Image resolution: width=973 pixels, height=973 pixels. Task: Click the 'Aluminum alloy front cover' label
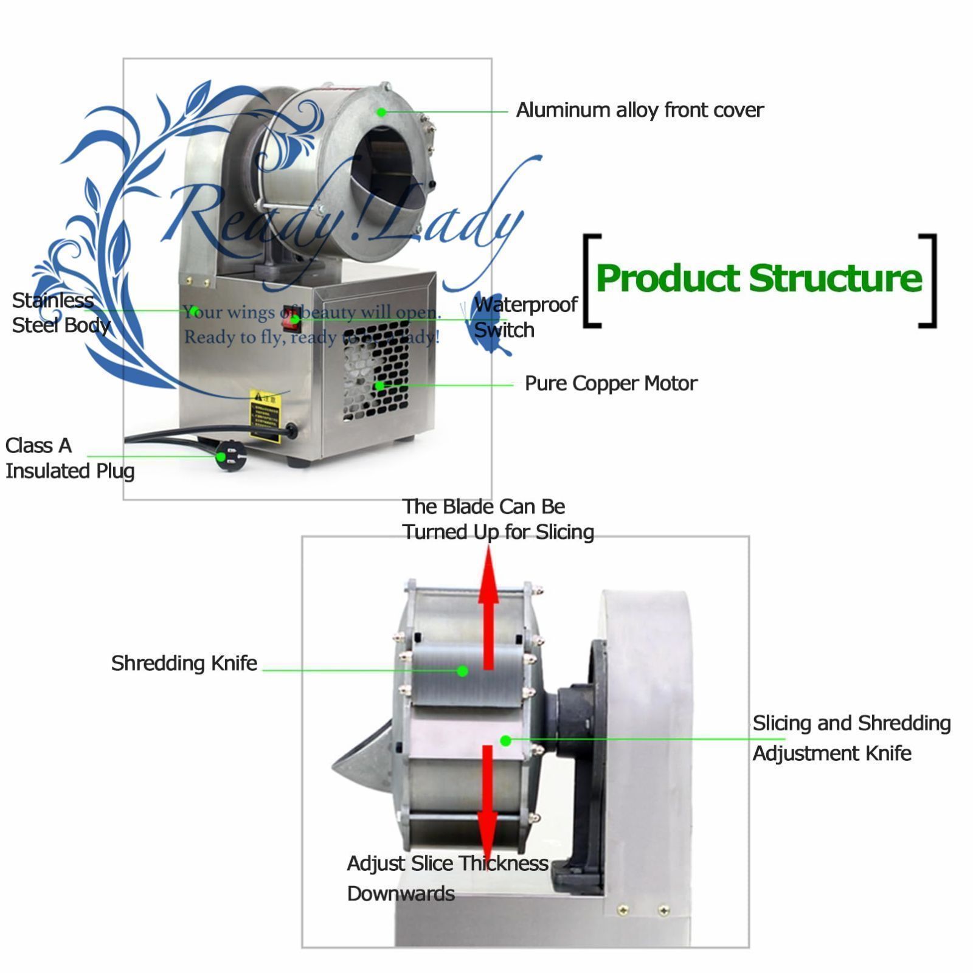pos(639,110)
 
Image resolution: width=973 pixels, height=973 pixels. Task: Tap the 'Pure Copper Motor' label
pos(611,383)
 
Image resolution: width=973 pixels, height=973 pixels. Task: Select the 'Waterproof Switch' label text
pos(525,317)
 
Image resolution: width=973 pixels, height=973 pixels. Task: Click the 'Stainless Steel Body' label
pos(60,313)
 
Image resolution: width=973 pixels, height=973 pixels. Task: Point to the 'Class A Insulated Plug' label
pos(69,458)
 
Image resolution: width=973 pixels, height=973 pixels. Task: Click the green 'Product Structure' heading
pos(759,279)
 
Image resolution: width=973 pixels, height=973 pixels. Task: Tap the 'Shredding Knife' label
pos(184,663)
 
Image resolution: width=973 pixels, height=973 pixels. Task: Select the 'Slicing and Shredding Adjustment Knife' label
pos(851,738)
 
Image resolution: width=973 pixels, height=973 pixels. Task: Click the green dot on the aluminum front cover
pos(381,112)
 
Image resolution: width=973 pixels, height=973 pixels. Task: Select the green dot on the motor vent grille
pos(379,385)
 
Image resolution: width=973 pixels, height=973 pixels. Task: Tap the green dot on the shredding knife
pos(462,671)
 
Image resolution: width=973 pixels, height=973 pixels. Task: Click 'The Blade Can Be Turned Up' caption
pos(497,519)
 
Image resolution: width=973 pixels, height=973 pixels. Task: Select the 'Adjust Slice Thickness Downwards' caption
pos(447,878)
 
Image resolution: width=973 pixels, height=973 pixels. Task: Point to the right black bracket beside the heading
pos(929,280)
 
